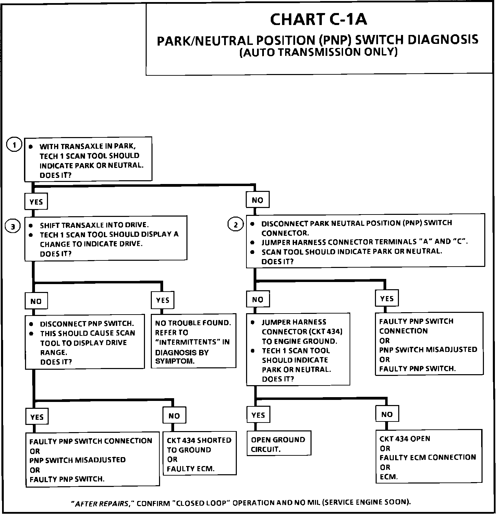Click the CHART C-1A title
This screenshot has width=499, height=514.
(x=318, y=20)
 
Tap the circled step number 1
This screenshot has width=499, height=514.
(x=14, y=145)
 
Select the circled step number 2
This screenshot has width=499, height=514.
(x=235, y=225)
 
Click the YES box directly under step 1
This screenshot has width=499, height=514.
(x=36, y=202)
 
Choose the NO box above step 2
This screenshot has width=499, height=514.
(x=257, y=200)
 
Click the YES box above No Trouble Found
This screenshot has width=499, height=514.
(x=163, y=300)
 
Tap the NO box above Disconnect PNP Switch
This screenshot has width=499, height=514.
(x=36, y=301)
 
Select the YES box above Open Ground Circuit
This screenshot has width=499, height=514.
(x=258, y=415)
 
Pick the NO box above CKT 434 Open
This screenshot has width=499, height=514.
(x=387, y=414)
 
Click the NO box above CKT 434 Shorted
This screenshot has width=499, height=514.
(x=174, y=416)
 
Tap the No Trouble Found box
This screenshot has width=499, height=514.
(x=193, y=341)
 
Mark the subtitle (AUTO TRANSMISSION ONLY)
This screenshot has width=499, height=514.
(x=318, y=52)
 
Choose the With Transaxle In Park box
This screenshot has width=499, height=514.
(x=88, y=159)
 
